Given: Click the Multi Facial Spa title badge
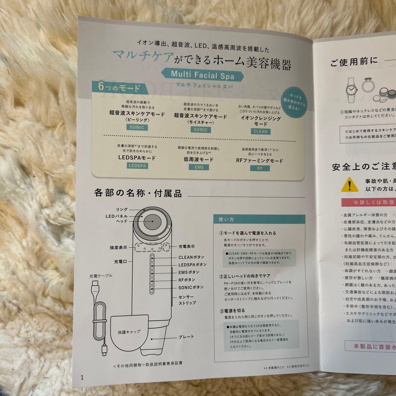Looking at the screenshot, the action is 207,74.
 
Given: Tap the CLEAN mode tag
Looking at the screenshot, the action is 260,131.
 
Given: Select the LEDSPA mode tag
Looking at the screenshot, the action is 137,166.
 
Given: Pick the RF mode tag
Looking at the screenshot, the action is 260,168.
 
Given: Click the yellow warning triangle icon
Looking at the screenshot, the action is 349,184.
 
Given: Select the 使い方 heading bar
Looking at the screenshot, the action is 259,220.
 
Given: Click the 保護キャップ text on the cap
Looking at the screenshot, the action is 129,331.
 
